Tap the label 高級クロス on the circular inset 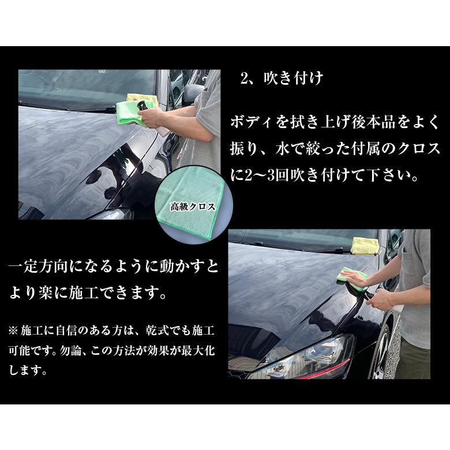192,206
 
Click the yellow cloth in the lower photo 365,245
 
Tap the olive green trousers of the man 414,360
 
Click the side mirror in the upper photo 192,92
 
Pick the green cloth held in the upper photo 130,113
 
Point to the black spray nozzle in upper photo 141,106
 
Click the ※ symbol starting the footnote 13,331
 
